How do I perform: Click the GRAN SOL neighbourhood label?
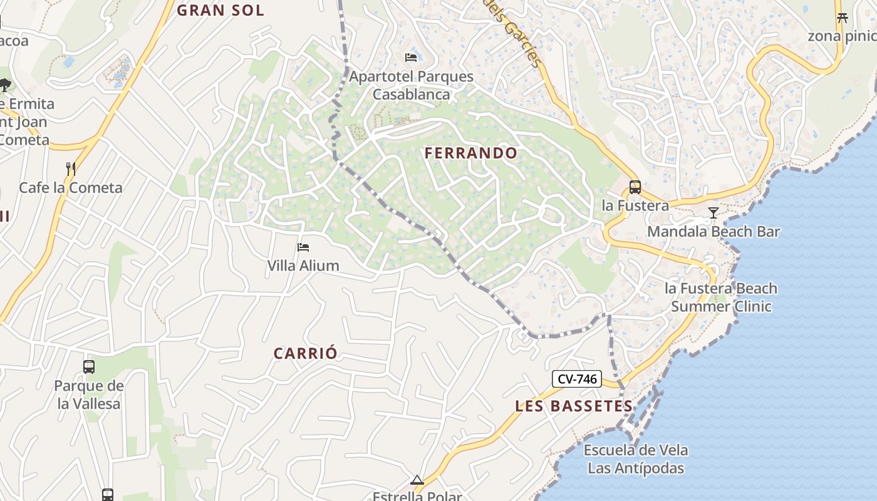tap(220, 10)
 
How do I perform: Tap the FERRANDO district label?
tap(471, 153)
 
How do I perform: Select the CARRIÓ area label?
tap(306, 353)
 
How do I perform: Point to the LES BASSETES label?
tap(574, 406)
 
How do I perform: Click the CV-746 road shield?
tap(576, 379)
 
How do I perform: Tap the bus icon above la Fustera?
tap(635, 187)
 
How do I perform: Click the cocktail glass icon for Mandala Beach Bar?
tap(713, 213)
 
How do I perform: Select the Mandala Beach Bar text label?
tap(713, 232)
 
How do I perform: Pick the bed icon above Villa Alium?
tap(303, 247)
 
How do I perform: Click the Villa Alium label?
tap(303, 266)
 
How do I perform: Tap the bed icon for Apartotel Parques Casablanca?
tap(411, 58)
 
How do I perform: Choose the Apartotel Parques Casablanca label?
tap(411, 85)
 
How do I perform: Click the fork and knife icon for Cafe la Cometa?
tap(71, 168)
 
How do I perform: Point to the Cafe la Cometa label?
tap(71, 187)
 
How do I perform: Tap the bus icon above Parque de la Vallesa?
tap(89, 367)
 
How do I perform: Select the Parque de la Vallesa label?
tap(89, 395)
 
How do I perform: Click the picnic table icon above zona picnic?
tap(843, 18)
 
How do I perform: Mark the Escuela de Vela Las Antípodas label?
tap(636, 459)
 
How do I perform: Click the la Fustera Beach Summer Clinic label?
tap(721, 297)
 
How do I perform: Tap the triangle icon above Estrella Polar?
tap(417, 480)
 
